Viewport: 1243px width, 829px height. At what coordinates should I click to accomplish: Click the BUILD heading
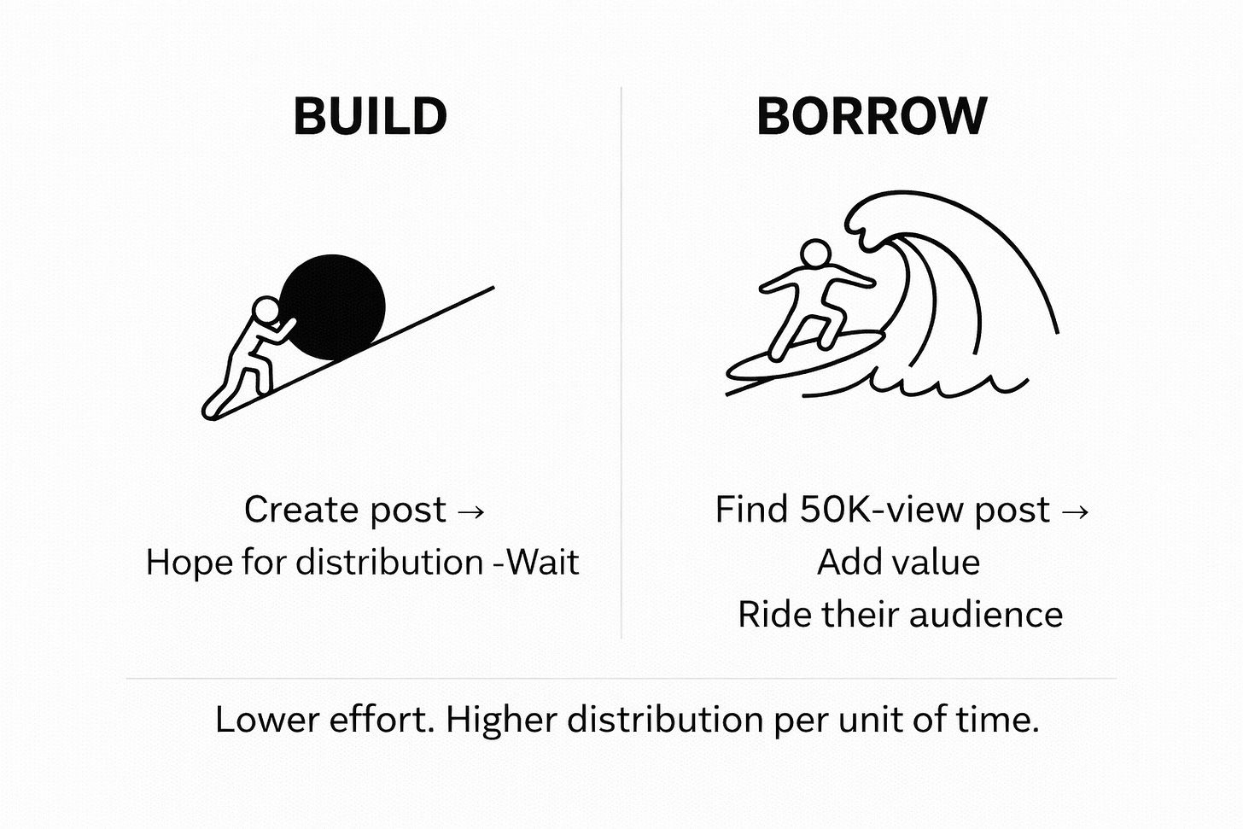pyautogui.click(x=370, y=117)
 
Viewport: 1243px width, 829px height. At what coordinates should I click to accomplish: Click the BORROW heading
pyautogui.click(x=872, y=117)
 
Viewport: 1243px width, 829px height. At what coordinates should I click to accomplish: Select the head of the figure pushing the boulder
pyautogui.click(x=267, y=309)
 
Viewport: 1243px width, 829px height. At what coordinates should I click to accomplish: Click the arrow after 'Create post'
pyautogui.click(x=471, y=511)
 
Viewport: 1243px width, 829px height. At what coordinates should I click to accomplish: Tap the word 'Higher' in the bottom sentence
pyautogui.click(x=502, y=720)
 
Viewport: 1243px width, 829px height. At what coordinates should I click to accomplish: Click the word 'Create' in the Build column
pyautogui.click(x=289, y=510)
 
